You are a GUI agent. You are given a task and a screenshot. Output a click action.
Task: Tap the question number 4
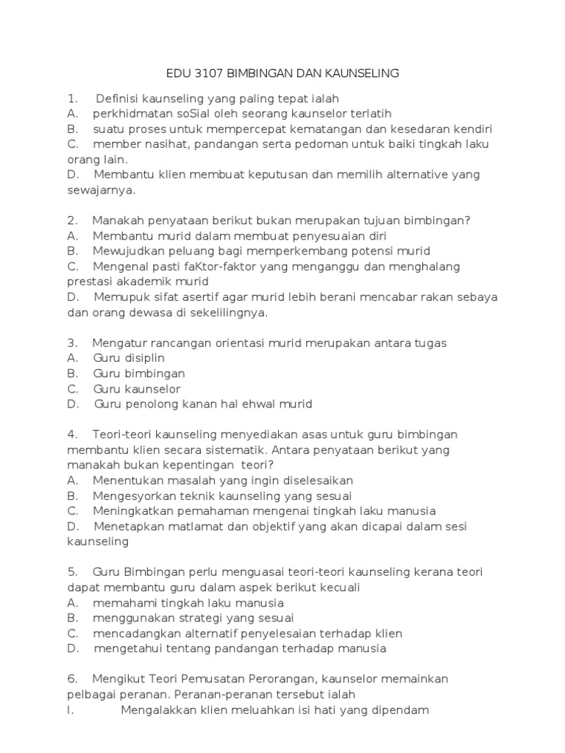pos(71,435)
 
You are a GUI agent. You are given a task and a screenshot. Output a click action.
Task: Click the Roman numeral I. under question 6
pos(71,710)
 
